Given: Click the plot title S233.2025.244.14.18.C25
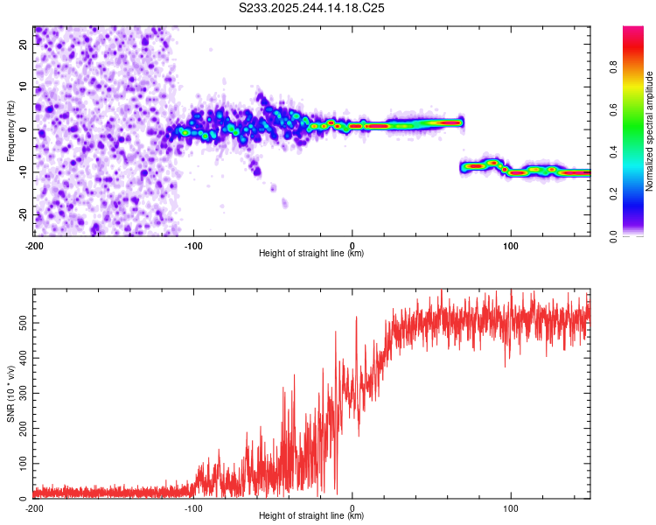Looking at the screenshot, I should click(x=312, y=8).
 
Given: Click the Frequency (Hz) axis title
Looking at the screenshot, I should click(x=10, y=130).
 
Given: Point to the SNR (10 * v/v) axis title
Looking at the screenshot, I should click(x=10, y=393).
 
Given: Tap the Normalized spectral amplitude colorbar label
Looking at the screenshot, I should click(x=650, y=130).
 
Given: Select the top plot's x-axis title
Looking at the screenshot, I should click(x=311, y=254).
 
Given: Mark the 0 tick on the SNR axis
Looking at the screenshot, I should click(x=26, y=499).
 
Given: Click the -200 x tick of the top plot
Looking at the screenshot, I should click(x=34, y=244).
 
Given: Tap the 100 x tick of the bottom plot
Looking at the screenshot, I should click(x=511, y=507).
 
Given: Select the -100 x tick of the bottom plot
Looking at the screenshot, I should click(x=192, y=507).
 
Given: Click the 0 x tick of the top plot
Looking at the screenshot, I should click(x=352, y=244).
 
